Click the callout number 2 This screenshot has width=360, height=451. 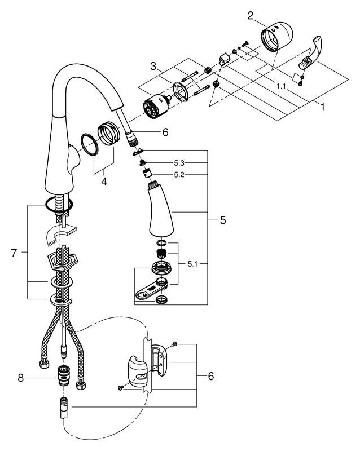point(251,16)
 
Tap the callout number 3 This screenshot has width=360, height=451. point(153,67)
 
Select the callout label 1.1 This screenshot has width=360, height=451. point(281,86)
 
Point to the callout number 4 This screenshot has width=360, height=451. point(104,182)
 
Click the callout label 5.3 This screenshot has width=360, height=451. point(179,163)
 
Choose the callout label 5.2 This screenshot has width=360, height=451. point(179,175)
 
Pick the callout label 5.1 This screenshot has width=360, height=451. point(192,263)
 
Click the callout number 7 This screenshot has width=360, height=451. point(14,253)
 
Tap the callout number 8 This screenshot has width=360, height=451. point(20,378)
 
